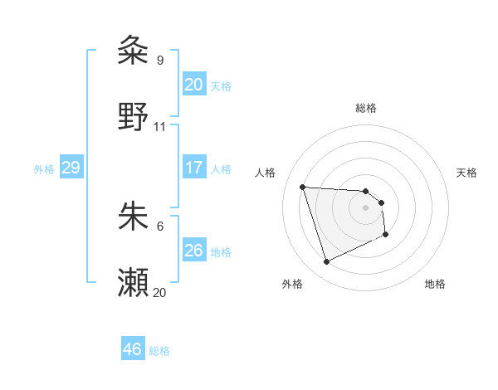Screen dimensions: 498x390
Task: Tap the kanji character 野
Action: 134,118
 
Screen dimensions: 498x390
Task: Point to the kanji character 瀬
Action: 134,283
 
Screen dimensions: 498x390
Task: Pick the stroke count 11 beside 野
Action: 160,127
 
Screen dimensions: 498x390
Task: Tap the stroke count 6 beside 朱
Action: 159,225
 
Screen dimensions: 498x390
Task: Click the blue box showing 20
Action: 193,85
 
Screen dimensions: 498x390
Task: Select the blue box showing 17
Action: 193,168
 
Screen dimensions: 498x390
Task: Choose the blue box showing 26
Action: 193,251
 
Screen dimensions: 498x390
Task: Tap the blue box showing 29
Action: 71,168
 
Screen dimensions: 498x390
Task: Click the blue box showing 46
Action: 132,349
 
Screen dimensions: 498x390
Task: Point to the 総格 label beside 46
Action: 159,351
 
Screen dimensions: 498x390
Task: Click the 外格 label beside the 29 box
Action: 44,169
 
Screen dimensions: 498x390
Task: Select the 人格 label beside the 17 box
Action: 221,169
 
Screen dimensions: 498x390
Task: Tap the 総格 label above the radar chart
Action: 366,108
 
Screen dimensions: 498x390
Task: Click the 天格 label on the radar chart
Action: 467,173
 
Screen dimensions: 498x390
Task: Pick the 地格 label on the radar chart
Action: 435,284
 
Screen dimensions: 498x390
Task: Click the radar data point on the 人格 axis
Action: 303,187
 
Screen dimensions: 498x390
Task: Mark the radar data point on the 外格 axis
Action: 326,262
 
